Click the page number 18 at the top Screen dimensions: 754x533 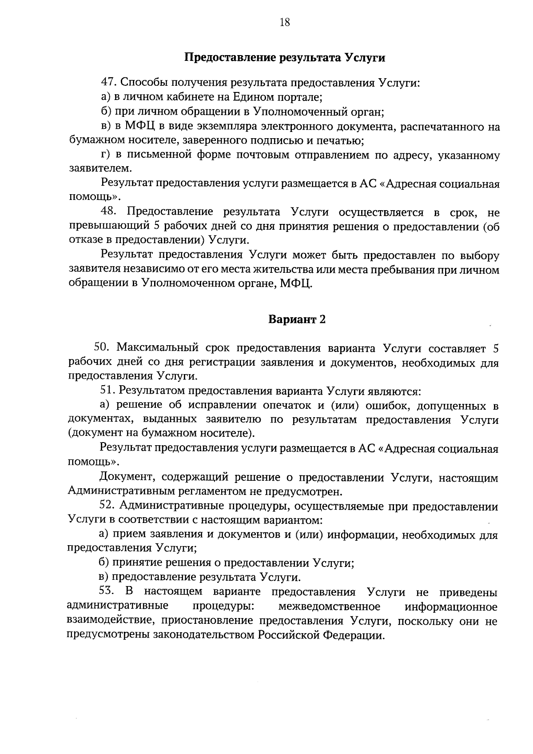coord(285,22)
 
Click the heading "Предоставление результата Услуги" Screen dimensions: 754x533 coord(285,58)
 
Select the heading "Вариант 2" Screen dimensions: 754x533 coord(297,319)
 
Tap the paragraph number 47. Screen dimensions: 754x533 coord(109,83)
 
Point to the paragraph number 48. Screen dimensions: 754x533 coord(109,212)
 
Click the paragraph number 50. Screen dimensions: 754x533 coord(102,349)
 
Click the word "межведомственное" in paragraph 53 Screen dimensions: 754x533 coord(329,606)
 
